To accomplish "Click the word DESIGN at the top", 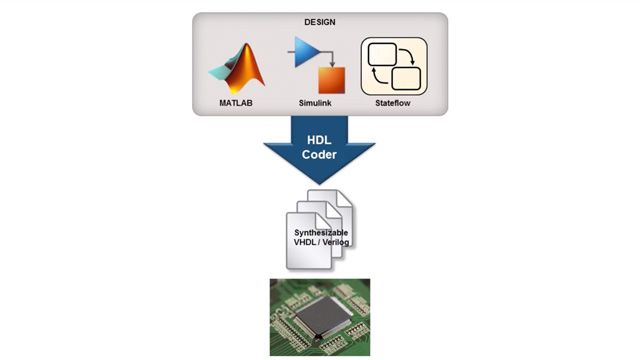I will pos(319,22).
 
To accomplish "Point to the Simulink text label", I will pos(319,102).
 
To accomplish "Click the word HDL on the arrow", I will pos(319,137).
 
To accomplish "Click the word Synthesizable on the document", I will pos(319,231).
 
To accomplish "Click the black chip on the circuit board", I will pos(320,317).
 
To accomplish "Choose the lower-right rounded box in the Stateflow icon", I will pos(407,78).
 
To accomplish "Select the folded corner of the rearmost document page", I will pos(344,196).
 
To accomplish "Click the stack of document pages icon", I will pos(319,228).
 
